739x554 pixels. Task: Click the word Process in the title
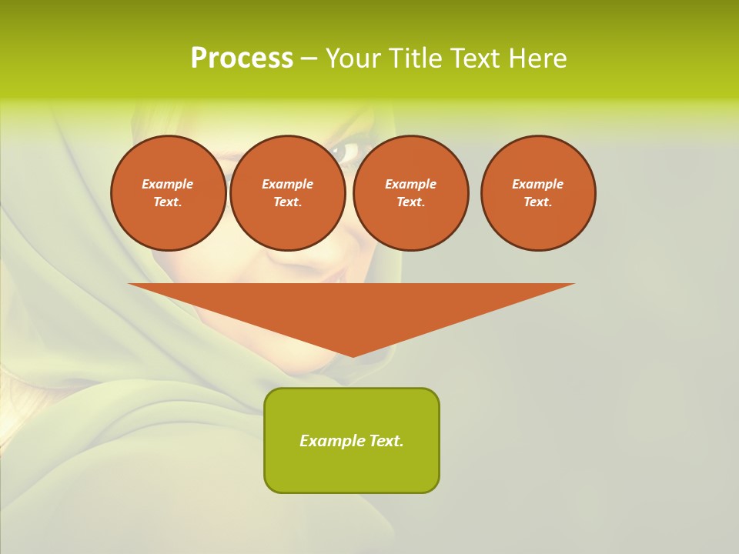(242, 58)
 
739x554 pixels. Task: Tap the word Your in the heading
(356, 58)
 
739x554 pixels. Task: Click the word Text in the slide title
(476, 58)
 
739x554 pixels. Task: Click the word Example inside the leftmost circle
(168, 184)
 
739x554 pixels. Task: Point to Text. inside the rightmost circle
(538, 202)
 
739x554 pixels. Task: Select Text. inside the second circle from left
(287, 202)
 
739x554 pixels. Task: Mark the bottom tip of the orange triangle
(353, 355)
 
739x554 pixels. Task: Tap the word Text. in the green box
(386, 441)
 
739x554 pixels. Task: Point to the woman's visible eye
(345, 152)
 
